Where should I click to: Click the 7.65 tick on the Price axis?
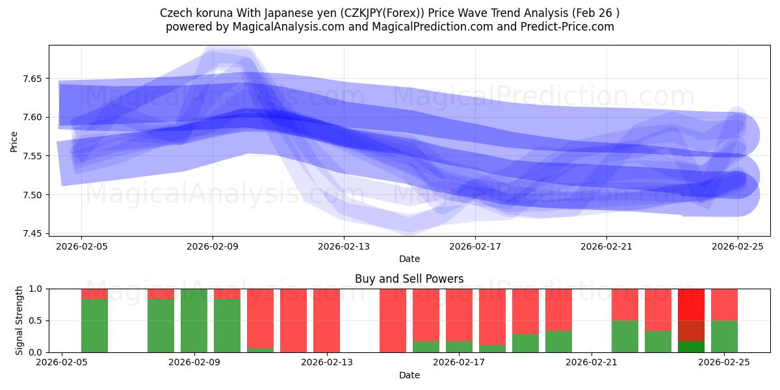31,79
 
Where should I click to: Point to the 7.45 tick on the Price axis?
31,233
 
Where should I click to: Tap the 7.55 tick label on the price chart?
31,156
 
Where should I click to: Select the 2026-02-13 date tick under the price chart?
344,246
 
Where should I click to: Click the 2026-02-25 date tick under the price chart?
738,246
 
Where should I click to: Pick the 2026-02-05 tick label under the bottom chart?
62,363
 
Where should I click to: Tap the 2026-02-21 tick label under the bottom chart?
592,363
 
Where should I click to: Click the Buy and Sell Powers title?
409,279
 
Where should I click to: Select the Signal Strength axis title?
19,320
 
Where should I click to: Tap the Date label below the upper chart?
409,259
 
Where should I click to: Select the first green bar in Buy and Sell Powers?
94,325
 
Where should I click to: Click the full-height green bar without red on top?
194,320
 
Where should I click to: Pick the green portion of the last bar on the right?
724,336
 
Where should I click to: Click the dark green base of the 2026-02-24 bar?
691,347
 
